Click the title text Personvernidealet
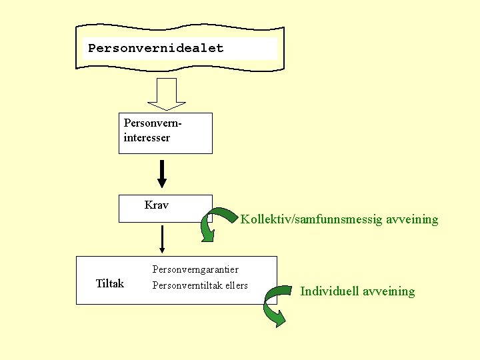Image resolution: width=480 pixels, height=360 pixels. [156, 48]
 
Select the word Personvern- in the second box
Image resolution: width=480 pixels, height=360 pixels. [153, 124]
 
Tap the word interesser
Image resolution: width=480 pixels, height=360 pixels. [147, 138]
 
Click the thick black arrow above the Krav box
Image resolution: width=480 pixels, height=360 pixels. [162, 174]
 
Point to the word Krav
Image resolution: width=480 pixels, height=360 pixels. [156, 205]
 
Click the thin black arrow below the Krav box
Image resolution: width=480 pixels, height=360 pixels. [162, 239]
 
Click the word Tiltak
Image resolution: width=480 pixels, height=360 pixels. [110, 284]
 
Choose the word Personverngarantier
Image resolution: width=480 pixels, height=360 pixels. [195, 269]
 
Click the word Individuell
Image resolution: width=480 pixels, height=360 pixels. [329, 291]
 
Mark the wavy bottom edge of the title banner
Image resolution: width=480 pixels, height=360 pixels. [180, 66]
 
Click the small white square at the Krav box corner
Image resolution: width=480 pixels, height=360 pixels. [209, 217]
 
